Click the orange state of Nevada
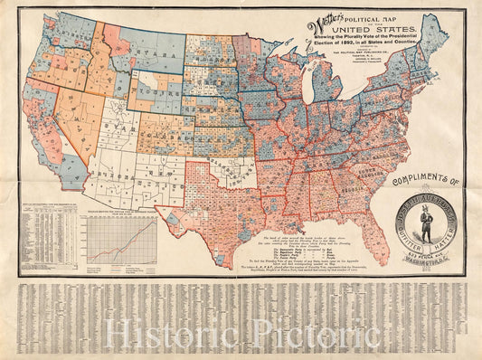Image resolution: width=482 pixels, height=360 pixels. [71, 99]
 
